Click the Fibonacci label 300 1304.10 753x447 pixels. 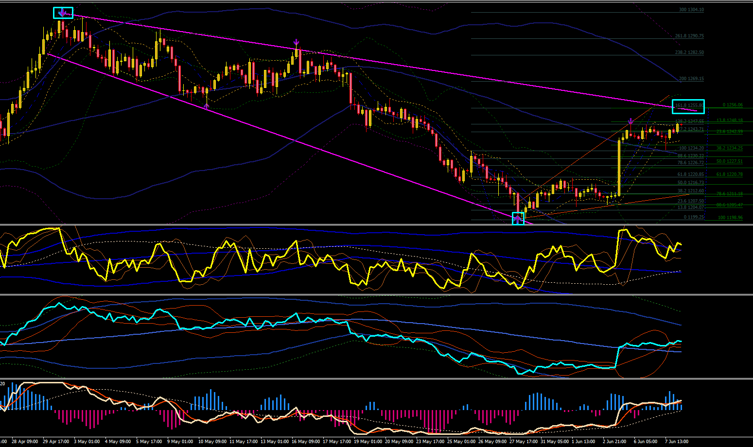coord(691,10)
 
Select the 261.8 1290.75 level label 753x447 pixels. coord(689,36)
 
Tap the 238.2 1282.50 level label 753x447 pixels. coord(689,52)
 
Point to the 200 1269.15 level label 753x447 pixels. coord(691,79)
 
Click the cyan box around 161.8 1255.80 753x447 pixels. coord(688,106)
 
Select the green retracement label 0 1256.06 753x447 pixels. coord(733,105)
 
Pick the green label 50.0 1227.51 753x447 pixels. coord(729,161)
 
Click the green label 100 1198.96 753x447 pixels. coord(730,218)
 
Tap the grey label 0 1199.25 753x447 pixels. coord(694,217)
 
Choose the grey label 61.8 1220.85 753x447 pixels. coord(690,174)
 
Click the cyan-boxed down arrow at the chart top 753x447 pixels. coord(63,13)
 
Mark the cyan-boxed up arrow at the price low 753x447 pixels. coord(518,219)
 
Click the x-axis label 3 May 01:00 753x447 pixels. coord(87,442)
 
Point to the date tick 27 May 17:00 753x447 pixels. coord(524,442)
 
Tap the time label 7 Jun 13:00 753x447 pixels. coord(676,442)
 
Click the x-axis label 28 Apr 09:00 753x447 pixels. coord(25,442)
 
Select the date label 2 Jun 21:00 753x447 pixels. coord(614,442)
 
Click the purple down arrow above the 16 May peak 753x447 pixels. coord(296,42)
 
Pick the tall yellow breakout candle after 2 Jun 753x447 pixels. coord(619,168)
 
